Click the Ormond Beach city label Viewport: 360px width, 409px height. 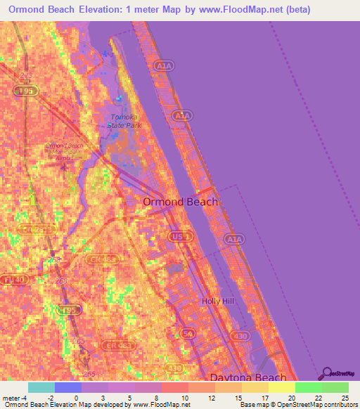(x=180, y=202)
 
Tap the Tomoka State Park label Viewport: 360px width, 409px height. (x=124, y=121)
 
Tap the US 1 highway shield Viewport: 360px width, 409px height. (x=177, y=238)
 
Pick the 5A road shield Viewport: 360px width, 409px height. (x=188, y=332)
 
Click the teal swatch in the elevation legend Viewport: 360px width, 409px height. (x=41, y=387)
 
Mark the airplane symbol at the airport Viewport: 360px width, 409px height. (x=66, y=164)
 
